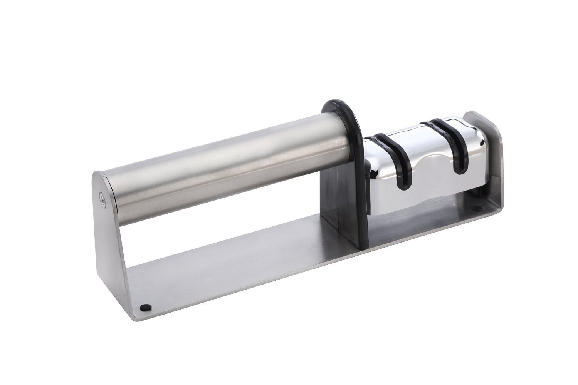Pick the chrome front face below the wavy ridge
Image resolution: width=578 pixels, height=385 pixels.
(x=424, y=192)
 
